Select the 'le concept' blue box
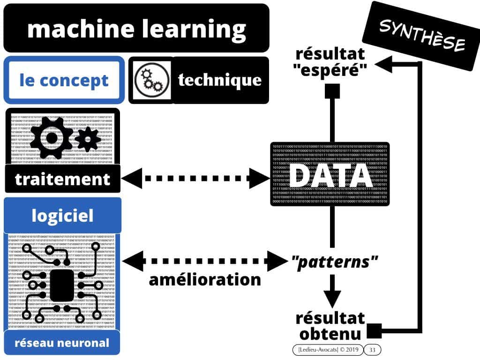[x=64, y=80]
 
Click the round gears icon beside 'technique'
[x=149, y=80]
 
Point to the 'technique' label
[x=219, y=80]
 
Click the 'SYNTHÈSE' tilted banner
[x=421, y=36]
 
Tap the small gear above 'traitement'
[x=88, y=137]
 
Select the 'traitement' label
[x=62, y=179]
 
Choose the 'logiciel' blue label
[x=62, y=216]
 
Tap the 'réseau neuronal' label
[x=62, y=343]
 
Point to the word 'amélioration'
[x=204, y=279]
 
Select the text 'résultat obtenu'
[x=330, y=326]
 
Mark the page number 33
[x=373, y=350]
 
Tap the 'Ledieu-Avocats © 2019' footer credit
[x=327, y=350]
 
